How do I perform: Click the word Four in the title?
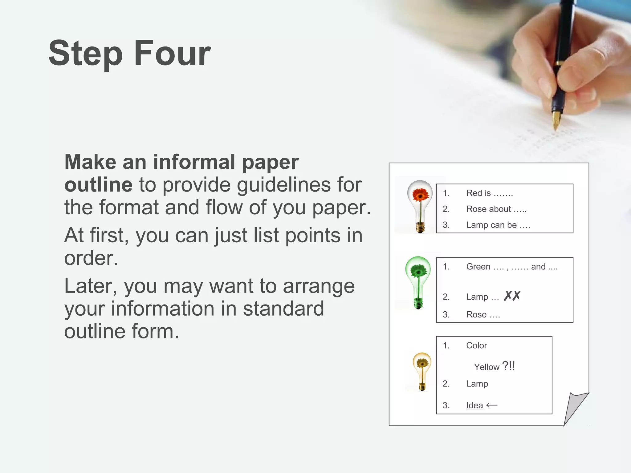(x=172, y=53)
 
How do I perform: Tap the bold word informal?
(x=194, y=162)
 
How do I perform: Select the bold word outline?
(x=98, y=185)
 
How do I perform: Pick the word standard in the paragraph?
(x=283, y=309)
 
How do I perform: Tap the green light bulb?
(x=418, y=282)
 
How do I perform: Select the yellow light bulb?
(x=422, y=371)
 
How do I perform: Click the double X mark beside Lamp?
(x=512, y=296)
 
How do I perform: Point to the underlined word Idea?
(x=474, y=405)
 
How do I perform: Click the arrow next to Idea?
(x=492, y=405)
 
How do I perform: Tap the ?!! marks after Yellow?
(x=509, y=366)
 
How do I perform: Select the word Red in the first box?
(x=474, y=193)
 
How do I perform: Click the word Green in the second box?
(x=478, y=267)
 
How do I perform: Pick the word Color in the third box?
(x=476, y=346)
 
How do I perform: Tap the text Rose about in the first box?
(x=488, y=209)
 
